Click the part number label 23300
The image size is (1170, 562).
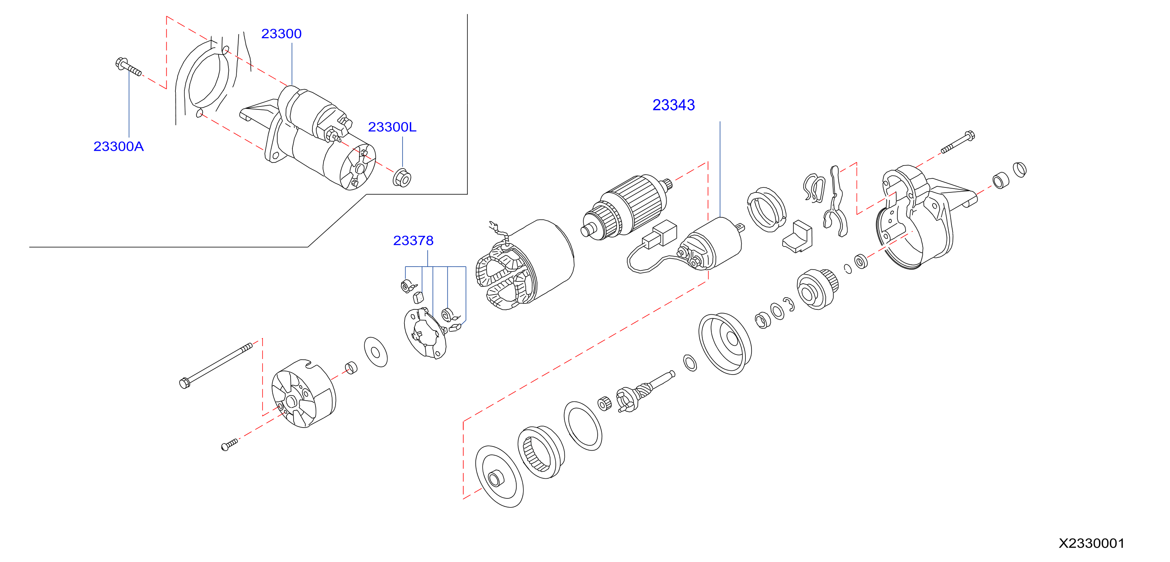pyautogui.click(x=281, y=34)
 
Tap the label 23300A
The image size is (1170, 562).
pyautogui.click(x=119, y=146)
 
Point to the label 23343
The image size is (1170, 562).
pyautogui.click(x=673, y=105)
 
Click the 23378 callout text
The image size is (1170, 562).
pyautogui.click(x=413, y=240)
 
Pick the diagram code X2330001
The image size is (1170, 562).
pyautogui.click(x=1092, y=543)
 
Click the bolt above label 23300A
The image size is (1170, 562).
pyautogui.click(x=128, y=67)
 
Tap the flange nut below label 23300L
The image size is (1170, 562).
pyautogui.click(x=402, y=178)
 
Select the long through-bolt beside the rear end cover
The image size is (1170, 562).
pyautogui.click(x=216, y=365)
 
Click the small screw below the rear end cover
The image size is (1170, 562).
pyautogui.click(x=230, y=445)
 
